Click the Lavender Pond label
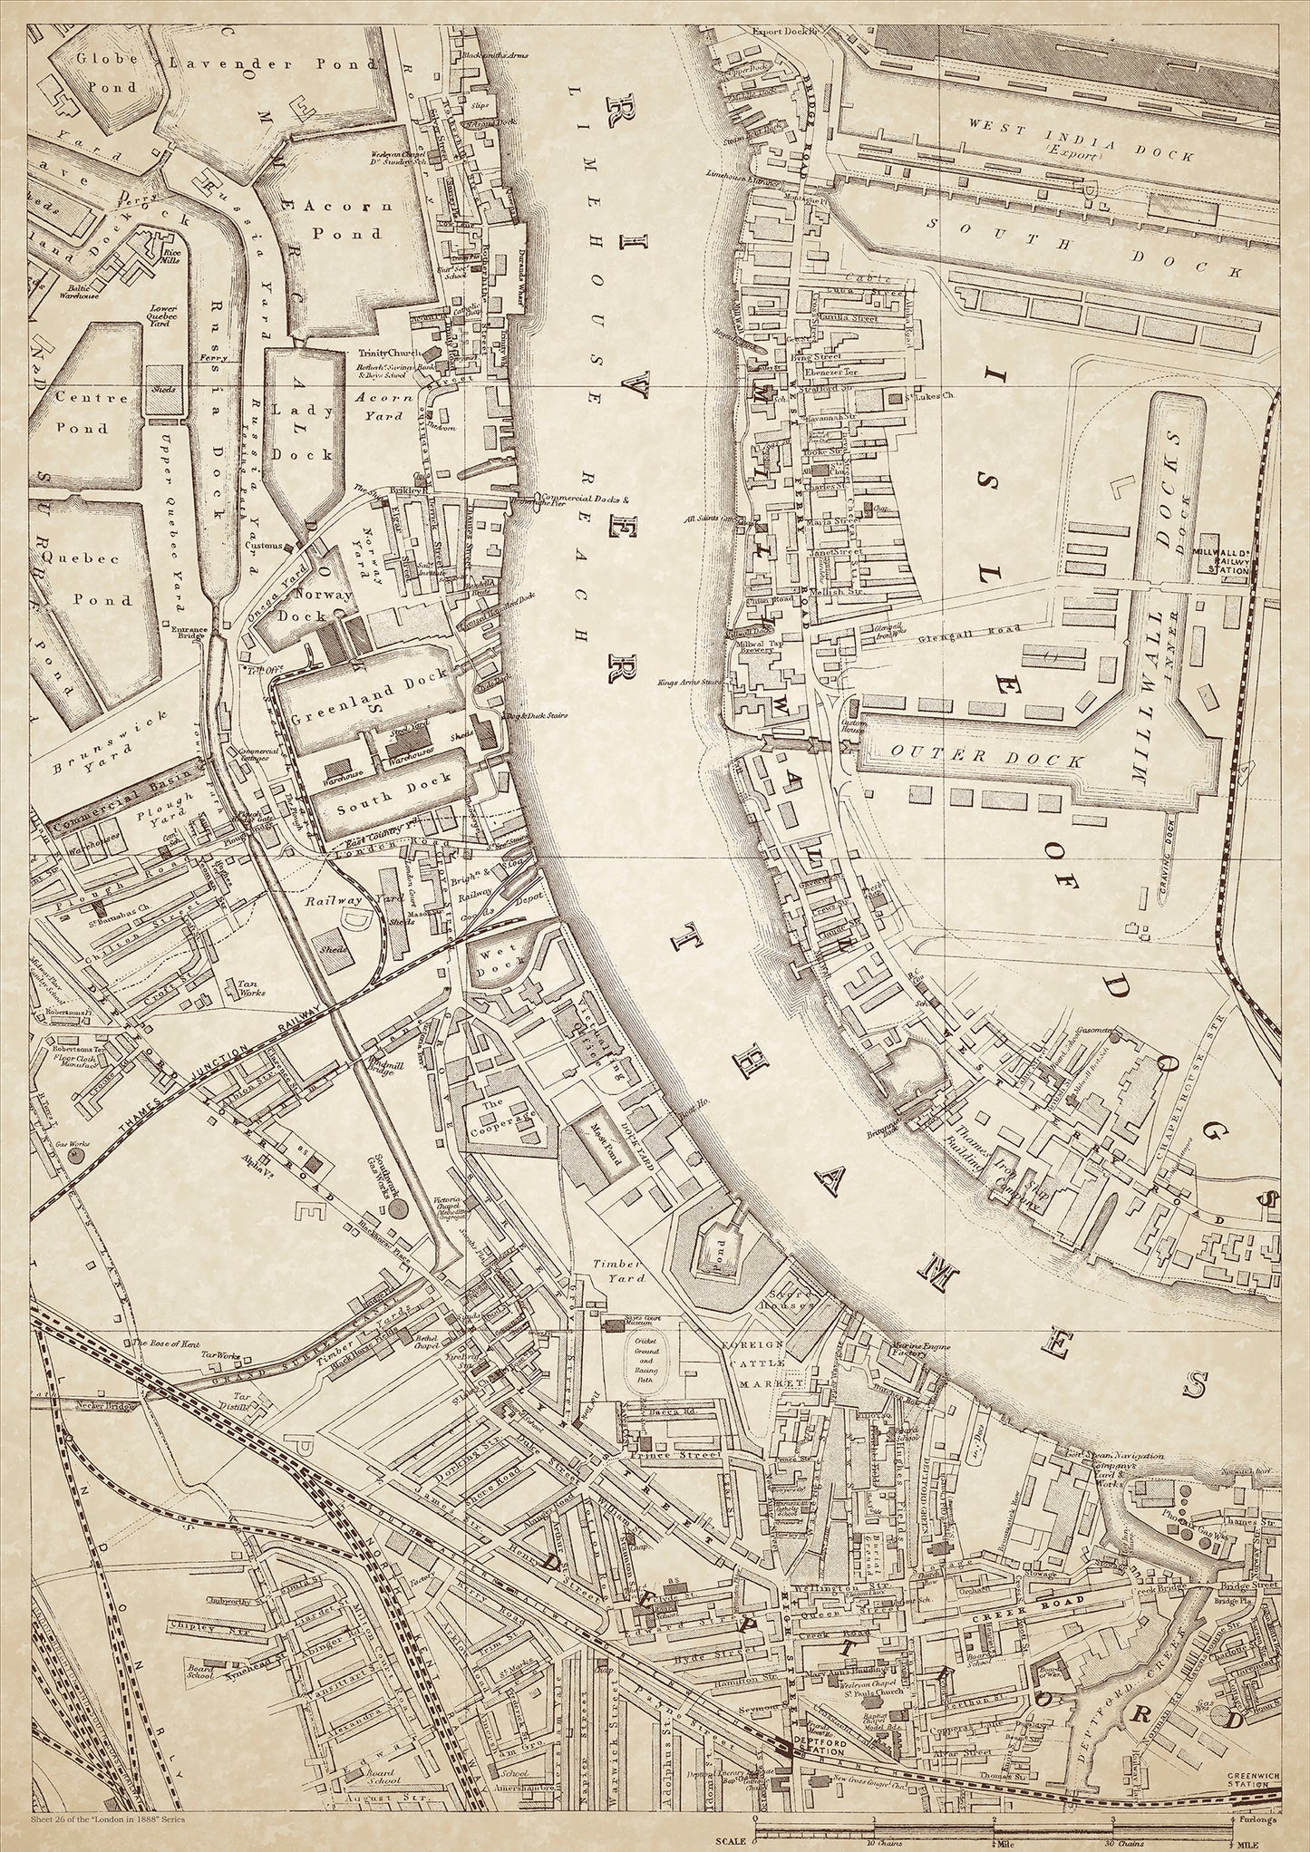click(271, 64)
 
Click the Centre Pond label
click(82, 412)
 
